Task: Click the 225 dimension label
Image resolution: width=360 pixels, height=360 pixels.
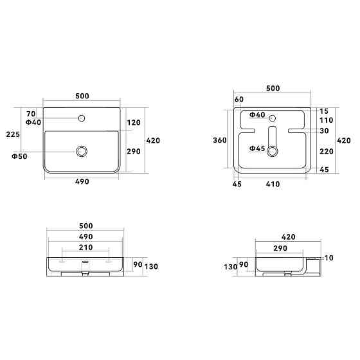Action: pyautogui.click(x=13, y=134)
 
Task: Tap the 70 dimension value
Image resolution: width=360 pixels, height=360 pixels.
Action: pyautogui.click(x=30, y=113)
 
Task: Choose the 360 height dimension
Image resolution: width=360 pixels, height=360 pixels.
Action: pyautogui.click(x=220, y=140)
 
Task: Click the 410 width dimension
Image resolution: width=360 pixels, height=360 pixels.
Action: pyautogui.click(x=274, y=184)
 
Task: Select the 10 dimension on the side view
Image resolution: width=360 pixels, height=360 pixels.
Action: pyautogui.click(x=329, y=258)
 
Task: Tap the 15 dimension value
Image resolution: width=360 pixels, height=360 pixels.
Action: pyautogui.click(x=323, y=111)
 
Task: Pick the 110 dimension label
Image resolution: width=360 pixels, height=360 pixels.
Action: pyautogui.click(x=326, y=120)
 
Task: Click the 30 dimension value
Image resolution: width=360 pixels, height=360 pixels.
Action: pyautogui.click(x=323, y=130)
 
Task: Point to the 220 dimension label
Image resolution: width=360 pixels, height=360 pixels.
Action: pyautogui.click(x=326, y=152)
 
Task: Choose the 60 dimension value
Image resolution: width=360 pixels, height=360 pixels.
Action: pyautogui.click(x=239, y=100)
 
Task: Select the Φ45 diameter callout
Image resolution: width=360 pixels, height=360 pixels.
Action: pyautogui.click(x=257, y=148)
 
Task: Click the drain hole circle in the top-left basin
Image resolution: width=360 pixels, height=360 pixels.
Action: pyautogui.click(x=82, y=150)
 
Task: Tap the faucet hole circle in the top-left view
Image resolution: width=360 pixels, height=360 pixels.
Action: pyautogui.click(x=82, y=118)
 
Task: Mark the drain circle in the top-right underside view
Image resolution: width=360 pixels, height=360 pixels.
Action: pyautogui.click(x=273, y=150)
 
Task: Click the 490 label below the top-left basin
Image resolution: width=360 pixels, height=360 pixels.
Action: pyautogui.click(x=82, y=182)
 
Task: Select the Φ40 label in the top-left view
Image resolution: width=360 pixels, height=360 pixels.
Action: pyautogui.click(x=33, y=122)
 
